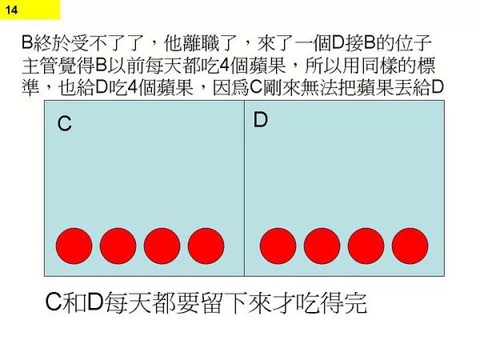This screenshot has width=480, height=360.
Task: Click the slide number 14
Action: (11, 10)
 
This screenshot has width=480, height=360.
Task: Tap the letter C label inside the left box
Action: (64, 124)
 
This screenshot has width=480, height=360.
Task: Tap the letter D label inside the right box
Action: (261, 119)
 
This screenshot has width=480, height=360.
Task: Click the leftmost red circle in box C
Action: (74, 246)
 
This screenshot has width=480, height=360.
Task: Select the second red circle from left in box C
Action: (118, 246)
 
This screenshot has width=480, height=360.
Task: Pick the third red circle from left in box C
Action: (162, 246)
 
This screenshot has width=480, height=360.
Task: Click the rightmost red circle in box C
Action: (206, 246)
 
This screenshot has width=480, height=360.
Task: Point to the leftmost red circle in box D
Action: (278, 246)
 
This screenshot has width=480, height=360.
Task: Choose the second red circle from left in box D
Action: (322, 246)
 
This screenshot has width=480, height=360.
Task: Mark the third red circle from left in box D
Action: (366, 246)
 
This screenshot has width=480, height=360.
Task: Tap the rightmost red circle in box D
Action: (410, 246)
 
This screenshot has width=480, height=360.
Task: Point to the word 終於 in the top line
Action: (51, 43)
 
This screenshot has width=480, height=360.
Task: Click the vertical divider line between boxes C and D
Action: (244, 188)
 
